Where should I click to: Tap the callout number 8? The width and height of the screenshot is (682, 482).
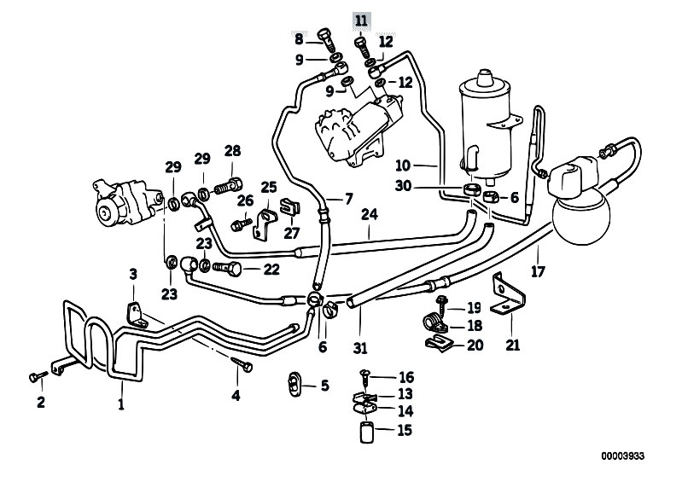pos(299,38)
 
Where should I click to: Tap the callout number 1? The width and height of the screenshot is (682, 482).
pos(121,405)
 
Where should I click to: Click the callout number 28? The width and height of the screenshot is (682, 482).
pos(232,152)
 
